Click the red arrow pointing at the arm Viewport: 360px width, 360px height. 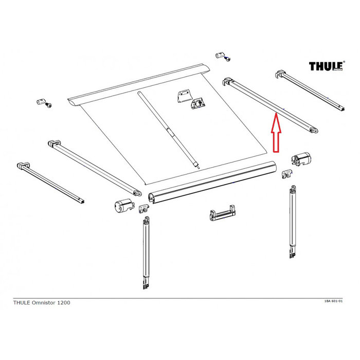[275, 135]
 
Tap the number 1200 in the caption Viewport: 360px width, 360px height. [64, 302]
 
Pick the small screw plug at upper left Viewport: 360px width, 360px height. [43, 102]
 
